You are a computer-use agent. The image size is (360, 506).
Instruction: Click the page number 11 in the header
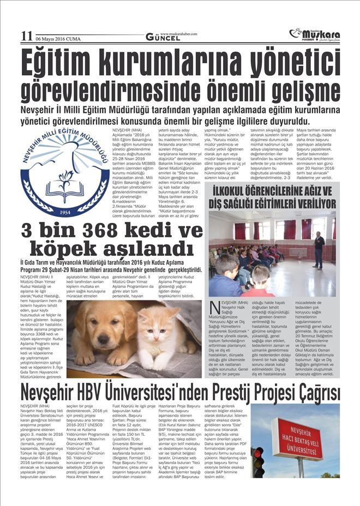coord(26,37)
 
